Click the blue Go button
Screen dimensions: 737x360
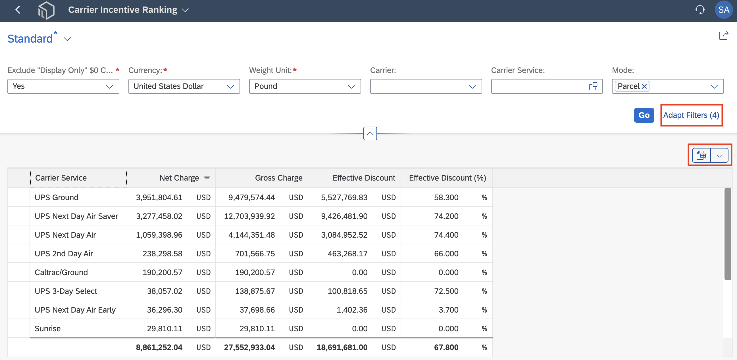(644, 115)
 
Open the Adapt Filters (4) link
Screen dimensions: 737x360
(691, 115)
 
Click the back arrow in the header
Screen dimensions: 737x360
(18, 10)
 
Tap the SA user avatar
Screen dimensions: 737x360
(724, 10)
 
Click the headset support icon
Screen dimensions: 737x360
(700, 10)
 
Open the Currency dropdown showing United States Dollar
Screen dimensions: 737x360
(184, 86)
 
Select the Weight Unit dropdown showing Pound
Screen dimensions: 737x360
(305, 86)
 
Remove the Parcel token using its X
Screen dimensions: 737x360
(644, 86)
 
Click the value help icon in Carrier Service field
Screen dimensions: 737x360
(593, 86)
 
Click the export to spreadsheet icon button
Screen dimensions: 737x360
(701, 156)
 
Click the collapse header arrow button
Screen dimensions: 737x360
(370, 133)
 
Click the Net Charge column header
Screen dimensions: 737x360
(179, 178)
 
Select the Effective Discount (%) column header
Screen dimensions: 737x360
(447, 178)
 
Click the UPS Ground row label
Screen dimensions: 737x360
(56, 197)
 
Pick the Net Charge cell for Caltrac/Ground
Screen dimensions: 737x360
(162, 272)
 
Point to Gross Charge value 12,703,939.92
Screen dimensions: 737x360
(249, 216)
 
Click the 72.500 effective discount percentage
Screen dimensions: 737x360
(446, 291)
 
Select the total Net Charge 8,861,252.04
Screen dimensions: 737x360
(159, 348)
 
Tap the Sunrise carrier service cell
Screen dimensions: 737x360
(47, 328)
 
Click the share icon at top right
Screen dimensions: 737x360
(724, 36)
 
